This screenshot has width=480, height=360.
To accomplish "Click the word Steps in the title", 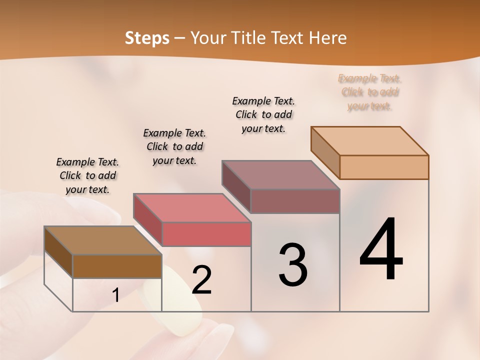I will [147, 38].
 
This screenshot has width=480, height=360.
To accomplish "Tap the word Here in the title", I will [327, 38].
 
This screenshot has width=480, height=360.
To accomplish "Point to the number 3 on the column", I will [293, 264].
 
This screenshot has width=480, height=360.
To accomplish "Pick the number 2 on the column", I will [202, 280].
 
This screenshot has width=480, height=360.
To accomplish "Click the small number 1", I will [116, 295].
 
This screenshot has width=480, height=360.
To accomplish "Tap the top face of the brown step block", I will [102, 240].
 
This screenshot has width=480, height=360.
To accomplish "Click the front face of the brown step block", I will [117, 266].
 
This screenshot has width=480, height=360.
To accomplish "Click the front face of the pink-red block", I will [206, 234].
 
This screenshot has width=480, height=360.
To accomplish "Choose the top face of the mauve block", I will [280, 175].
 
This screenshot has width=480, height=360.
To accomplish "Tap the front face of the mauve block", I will [295, 201].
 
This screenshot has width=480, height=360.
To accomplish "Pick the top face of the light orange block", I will [369, 141].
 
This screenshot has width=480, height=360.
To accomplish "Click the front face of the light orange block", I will [384, 167].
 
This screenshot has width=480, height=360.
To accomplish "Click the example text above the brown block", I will [87, 175].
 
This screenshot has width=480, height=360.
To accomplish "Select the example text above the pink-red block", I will [174, 146].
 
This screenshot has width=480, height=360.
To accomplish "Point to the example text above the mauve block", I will [263, 114].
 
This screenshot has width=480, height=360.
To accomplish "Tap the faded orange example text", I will [370, 92].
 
